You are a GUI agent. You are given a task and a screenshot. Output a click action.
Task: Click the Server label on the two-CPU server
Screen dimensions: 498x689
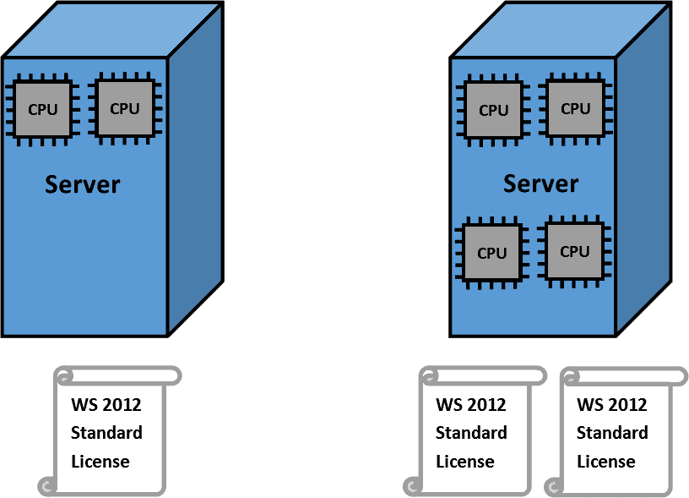click(x=83, y=184)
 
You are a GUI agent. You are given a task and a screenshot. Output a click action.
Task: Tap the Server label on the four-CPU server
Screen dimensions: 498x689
click(x=540, y=183)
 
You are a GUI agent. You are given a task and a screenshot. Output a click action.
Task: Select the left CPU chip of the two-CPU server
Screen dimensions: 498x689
click(x=42, y=109)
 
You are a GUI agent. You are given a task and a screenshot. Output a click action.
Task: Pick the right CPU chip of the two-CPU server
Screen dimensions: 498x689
click(x=124, y=108)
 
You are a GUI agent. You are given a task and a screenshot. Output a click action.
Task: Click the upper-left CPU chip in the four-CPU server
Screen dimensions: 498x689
click(x=493, y=110)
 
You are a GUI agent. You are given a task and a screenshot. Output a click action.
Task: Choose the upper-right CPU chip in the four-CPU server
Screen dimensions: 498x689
click(x=575, y=108)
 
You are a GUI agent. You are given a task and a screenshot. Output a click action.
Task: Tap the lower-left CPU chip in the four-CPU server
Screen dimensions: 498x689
click(x=491, y=253)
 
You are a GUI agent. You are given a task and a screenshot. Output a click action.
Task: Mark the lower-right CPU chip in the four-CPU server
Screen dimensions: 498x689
click(x=574, y=251)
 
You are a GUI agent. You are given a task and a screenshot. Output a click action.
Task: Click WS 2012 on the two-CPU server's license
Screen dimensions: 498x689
click(x=106, y=404)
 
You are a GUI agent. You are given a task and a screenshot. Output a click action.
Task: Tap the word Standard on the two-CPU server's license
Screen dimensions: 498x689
click(x=106, y=433)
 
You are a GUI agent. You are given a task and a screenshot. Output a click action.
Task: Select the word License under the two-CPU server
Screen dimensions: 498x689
click(x=100, y=462)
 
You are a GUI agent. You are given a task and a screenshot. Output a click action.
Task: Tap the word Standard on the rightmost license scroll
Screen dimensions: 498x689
click(x=612, y=433)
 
